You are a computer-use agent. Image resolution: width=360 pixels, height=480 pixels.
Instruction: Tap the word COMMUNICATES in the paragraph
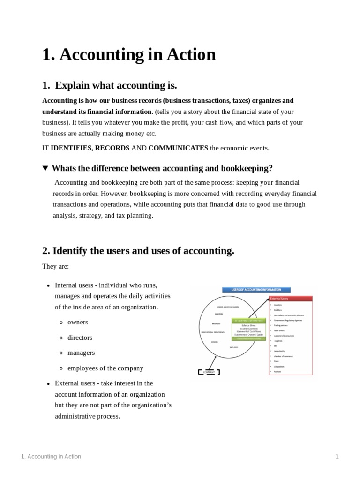click(x=178, y=148)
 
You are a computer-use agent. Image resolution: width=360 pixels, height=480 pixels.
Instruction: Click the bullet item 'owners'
click(x=78, y=322)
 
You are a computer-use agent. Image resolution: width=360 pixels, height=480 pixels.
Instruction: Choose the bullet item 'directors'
click(x=80, y=337)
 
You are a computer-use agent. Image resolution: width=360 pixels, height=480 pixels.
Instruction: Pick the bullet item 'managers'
click(x=81, y=352)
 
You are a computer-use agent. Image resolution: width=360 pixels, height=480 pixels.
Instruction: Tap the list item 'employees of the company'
click(x=105, y=368)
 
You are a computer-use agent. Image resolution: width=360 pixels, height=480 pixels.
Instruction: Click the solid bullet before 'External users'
click(x=49, y=384)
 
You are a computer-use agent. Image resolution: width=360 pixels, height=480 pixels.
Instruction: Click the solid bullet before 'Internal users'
click(x=49, y=285)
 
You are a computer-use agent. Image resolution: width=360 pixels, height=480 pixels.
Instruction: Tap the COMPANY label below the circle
click(x=209, y=372)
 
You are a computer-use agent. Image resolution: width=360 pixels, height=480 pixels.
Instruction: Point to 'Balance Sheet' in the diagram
click(x=248, y=325)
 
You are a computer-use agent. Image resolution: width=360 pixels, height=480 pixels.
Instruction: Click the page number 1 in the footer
click(x=337, y=457)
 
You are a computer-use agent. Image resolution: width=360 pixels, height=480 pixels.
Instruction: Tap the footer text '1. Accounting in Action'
click(x=51, y=457)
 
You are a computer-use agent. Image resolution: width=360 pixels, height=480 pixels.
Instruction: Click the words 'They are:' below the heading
click(x=55, y=266)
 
